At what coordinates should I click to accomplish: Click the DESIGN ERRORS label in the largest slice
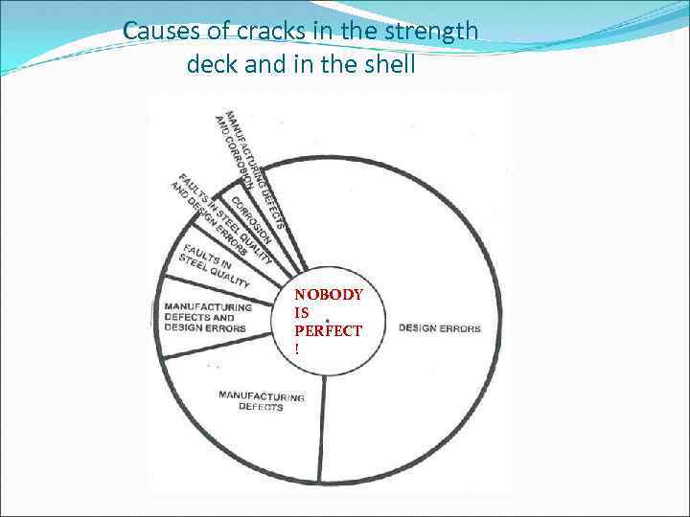[x=439, y=328]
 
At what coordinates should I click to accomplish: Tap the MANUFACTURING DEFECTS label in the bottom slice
[x=262, y=401]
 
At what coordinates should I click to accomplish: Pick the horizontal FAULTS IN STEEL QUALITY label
[x=214, y=267]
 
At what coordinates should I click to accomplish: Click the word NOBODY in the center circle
[x=328, y=295]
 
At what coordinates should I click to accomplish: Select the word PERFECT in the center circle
[x=328, y=330]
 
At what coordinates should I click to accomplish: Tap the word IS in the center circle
[x=302, y=312]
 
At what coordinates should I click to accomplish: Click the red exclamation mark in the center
[x=297, y=348]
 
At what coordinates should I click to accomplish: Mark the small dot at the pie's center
[x=329, y=320]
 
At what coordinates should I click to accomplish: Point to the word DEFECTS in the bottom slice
[x=262, y=407]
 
